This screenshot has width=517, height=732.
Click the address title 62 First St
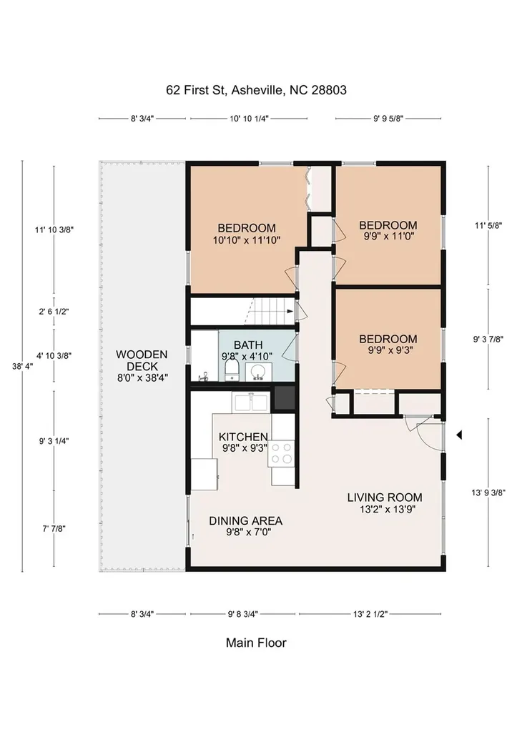tap(257, 89)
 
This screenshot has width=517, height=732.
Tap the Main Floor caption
tap(256, 643)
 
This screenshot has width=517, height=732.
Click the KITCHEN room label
tap(243, 437)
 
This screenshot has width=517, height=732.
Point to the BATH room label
tap(248, 345)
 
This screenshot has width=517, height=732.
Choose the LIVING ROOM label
tap(385, 498)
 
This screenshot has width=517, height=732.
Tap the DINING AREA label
tap(246, 520)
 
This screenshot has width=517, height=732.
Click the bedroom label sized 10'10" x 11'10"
tap(247, 234)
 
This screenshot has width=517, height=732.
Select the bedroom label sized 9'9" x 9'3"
tap(388, 345)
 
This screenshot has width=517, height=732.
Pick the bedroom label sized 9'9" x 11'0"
tap(388, 231)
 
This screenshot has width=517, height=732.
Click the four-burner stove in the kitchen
tap(282, 453)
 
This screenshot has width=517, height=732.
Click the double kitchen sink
tap(251, 402)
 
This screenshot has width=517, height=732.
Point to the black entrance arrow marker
tap(459, 435)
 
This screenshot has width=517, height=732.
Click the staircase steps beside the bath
tap(269, 312)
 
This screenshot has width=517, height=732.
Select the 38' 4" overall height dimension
tap(22, 367)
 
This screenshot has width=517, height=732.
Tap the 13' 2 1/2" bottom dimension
tap(370, 614)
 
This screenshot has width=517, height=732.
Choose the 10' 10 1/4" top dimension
tap(249, 119)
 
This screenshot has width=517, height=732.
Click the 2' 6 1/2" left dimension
tap(54, 312)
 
